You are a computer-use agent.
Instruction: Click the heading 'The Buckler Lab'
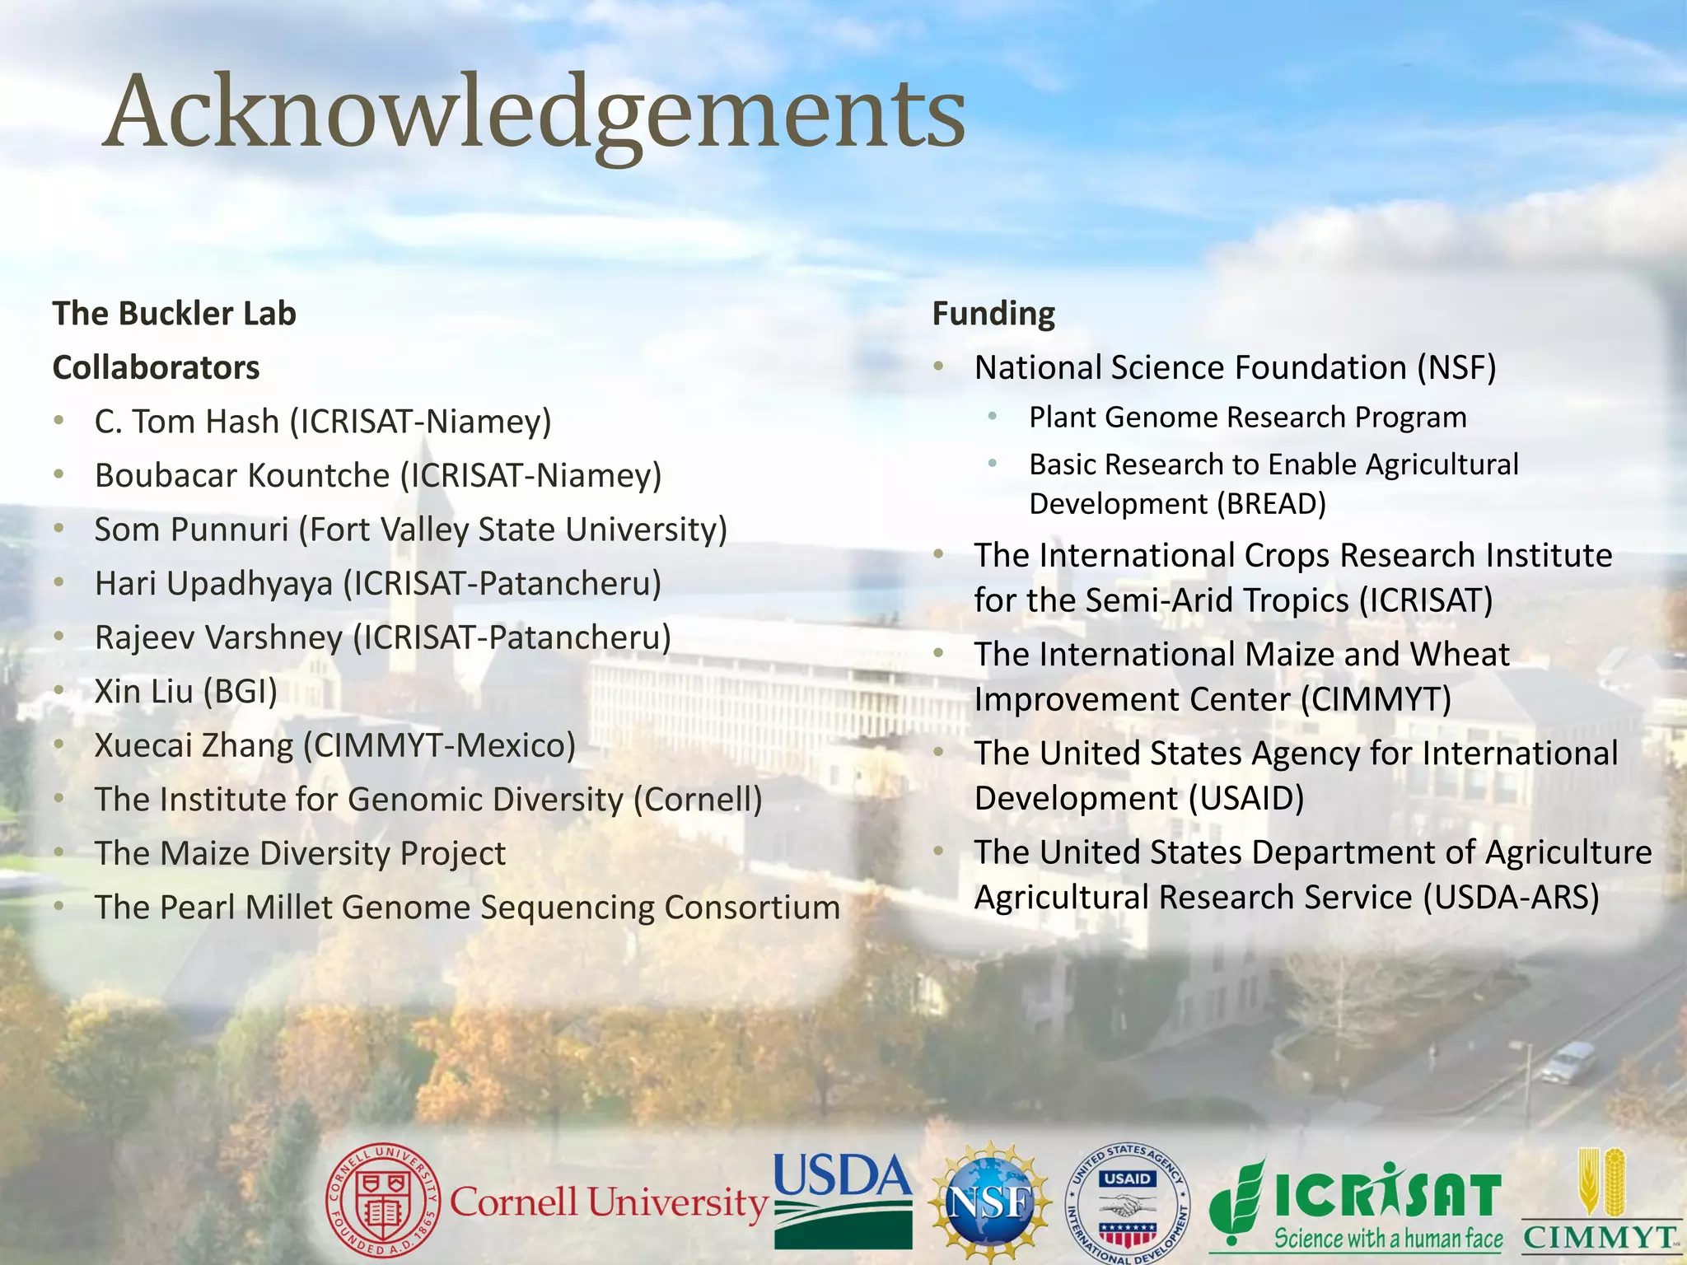point(174,314)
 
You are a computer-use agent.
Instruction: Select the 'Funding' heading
point(993,314)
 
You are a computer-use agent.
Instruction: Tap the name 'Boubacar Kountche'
point(241,475)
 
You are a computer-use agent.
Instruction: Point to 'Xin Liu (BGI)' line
point(186,692)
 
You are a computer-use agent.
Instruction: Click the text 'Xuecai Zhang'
point(194,745)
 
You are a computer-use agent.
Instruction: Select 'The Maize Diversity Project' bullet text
point(300,853)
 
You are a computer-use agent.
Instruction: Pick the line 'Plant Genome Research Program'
point(1247,418)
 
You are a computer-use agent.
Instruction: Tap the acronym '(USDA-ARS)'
point(1511,897)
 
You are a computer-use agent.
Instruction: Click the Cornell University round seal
point(383,1202)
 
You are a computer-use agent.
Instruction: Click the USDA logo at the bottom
point(842,1200)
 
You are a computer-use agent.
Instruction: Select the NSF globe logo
point(989,1202)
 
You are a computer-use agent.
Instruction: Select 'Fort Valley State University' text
point(512,530)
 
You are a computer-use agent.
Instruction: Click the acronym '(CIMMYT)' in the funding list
point(1376,700)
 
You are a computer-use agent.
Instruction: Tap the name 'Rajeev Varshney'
point(218,637)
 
